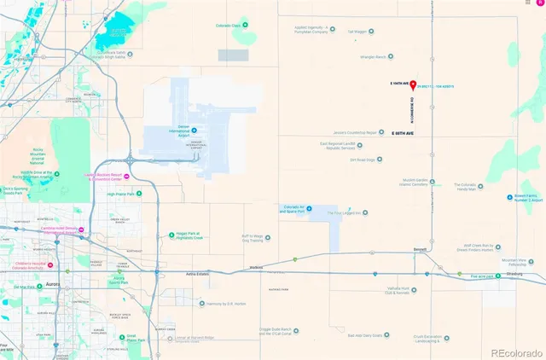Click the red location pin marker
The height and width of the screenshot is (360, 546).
coord(413,84)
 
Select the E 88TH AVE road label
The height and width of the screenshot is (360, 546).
coord(403,134)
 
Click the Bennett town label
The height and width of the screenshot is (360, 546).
coord(420,250)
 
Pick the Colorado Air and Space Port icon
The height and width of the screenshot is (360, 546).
coord(310,208)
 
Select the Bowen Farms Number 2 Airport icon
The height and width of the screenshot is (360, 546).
coord(509,196)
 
